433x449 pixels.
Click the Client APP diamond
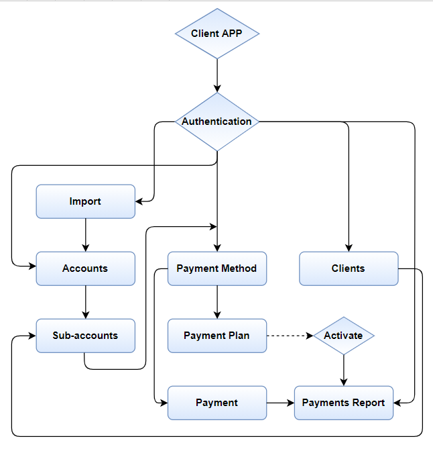(x=216, y=34)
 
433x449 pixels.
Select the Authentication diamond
(x=216, y=121)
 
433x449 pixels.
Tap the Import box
(x=85, y=201)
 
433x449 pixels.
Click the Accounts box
(x=85, y=268)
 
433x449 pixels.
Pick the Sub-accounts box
(x=85, y=336)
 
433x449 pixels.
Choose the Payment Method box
(x=216, y=268)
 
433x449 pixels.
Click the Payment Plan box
(x=216, y=336)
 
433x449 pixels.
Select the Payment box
(x=216, y=403)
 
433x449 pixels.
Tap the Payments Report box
(x=343, y=403)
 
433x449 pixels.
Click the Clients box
(x=348, y=268)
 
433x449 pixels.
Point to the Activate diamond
(x=343, y=336)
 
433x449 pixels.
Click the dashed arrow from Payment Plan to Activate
(x=290, y=336)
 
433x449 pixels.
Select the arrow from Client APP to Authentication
(x=216, y=74)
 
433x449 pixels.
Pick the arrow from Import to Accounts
(x=85, y=235)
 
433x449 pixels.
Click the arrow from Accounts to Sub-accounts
(x=85, y=302)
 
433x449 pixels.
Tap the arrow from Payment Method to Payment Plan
(x=216, y=302)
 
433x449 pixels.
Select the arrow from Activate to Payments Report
(x=343, y=370)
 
